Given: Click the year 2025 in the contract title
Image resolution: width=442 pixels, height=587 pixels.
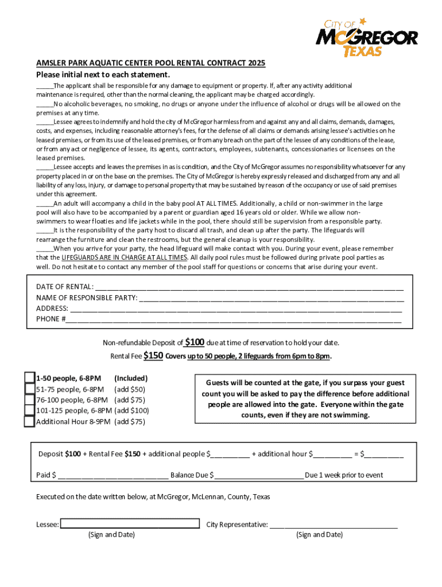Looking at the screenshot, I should [257, 64].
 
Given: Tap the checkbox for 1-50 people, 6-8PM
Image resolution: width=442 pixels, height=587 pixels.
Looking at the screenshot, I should [29, 378].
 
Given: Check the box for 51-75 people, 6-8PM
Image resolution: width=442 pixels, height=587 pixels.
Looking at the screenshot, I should [29, 389].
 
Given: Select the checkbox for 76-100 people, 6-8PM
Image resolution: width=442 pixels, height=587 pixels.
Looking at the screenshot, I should [29, 400].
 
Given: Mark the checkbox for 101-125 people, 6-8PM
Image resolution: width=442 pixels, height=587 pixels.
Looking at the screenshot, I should [29, 410].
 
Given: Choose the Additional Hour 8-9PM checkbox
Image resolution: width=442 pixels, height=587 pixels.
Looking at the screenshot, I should [29, 421].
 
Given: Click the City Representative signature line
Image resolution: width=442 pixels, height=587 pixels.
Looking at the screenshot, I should [334, 525].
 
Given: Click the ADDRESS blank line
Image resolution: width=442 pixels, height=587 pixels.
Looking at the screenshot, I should [236, 308].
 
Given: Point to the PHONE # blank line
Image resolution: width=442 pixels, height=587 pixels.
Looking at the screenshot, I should [233, 319].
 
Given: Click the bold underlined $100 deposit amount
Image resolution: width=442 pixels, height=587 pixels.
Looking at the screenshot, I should [195, 342].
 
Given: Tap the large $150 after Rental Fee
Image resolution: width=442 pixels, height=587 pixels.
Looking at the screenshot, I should [153, 355].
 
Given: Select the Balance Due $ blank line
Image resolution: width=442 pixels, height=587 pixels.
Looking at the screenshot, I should [259, 475].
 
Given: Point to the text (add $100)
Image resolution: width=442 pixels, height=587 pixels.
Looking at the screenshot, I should [132, 410].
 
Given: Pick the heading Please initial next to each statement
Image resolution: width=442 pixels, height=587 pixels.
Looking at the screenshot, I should [103, 75].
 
